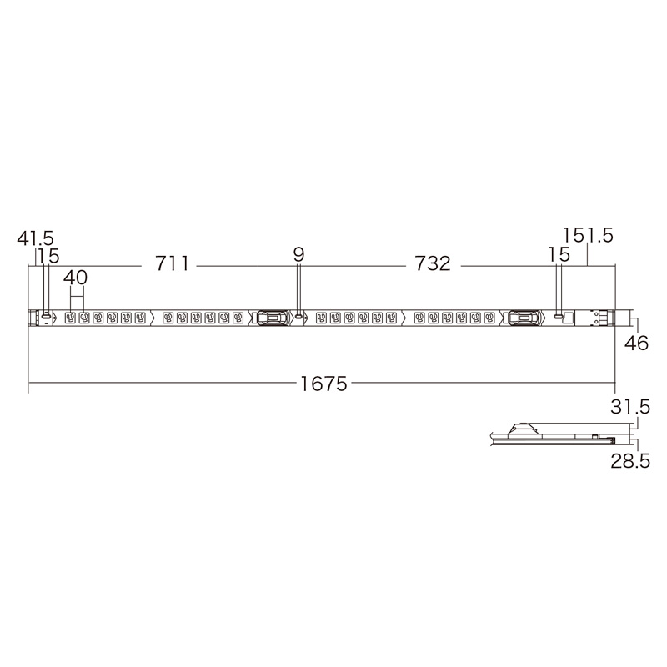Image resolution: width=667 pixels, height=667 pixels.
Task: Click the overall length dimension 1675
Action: point(323,384)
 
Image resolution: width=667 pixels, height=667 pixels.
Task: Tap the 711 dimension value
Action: point(172,263)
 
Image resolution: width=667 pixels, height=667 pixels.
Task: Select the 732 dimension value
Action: point(432,263)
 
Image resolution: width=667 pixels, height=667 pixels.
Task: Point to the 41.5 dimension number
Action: point(35,238)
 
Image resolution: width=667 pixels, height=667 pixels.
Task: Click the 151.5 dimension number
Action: point(588,235)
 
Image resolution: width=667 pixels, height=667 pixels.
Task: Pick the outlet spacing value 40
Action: point(75,278)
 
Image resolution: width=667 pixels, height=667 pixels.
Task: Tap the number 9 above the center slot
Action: point(299,255)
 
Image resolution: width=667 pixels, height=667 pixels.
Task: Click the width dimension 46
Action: point(636,343)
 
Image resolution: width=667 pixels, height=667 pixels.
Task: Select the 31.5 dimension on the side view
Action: point(630,407)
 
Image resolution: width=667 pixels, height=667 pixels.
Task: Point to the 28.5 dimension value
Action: point(630,461)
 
